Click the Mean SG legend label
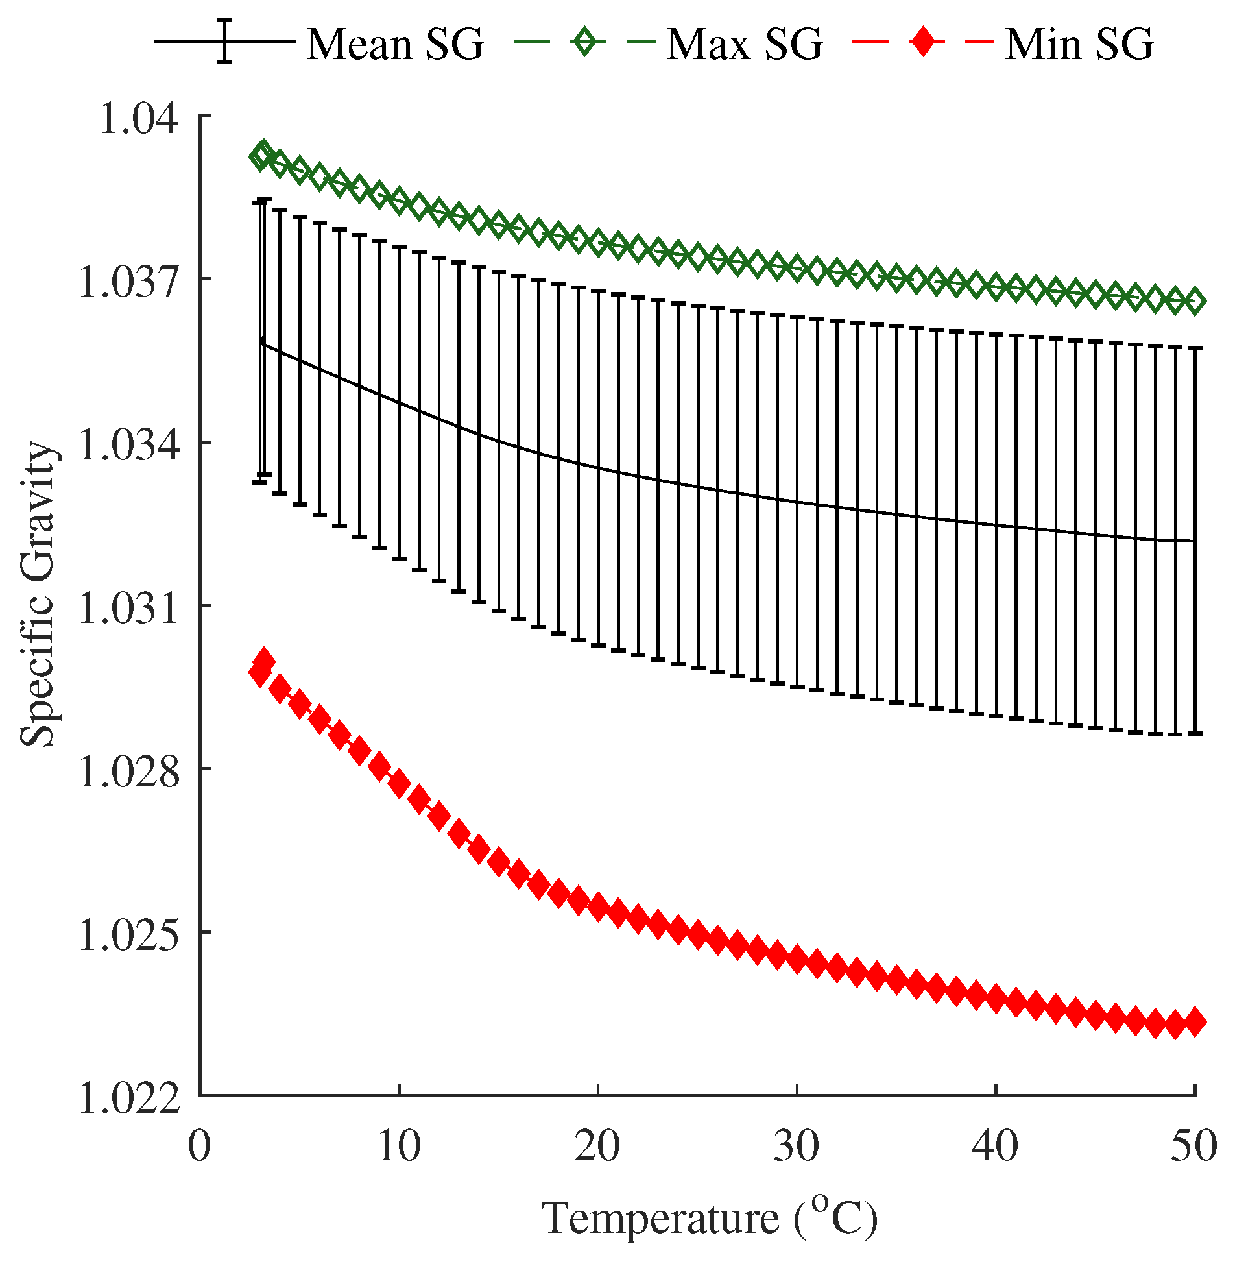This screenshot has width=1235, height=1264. coord(394,44)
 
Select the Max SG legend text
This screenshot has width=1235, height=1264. coord(745,44)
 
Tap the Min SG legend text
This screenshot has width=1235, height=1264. coord(1079,44)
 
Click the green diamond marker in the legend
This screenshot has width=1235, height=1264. coord(586,43)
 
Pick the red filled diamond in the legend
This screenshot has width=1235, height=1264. coord(923,43)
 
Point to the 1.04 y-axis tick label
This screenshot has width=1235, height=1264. coord(138,119)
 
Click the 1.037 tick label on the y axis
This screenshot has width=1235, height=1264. coord(127,282)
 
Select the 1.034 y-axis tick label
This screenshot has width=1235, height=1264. coord(127,446)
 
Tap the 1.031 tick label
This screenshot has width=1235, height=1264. coord(127,609)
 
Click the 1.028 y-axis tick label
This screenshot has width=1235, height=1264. coord(127,772)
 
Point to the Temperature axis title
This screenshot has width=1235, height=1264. coord(710,1219)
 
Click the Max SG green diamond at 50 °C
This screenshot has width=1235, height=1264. coord(1194,302)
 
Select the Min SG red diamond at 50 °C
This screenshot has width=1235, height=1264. coord(1194,1023)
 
